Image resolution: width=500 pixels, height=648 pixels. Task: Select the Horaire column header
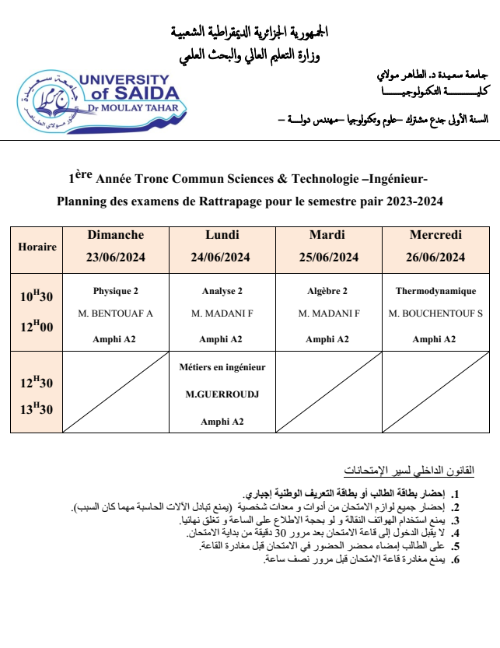37,247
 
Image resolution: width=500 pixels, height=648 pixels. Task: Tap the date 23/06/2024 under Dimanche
116,258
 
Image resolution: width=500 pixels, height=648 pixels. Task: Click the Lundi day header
222,235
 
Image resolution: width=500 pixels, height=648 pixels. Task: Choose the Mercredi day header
435,235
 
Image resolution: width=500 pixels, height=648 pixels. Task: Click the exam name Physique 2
116,291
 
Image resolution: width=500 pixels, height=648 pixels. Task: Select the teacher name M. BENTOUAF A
116,313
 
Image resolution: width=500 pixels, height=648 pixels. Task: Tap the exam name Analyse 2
222,291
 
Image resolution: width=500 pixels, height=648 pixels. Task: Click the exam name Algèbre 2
327,291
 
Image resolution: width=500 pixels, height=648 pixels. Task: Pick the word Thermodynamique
435,291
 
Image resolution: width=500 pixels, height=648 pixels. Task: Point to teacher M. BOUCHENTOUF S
435,313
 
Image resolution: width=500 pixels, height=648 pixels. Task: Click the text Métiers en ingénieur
222,366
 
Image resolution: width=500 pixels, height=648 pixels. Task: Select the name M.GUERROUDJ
222,394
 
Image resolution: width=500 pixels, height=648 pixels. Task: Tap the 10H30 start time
37,296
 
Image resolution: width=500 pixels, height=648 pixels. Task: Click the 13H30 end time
37,409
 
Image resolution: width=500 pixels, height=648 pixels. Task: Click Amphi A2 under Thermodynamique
435,338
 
